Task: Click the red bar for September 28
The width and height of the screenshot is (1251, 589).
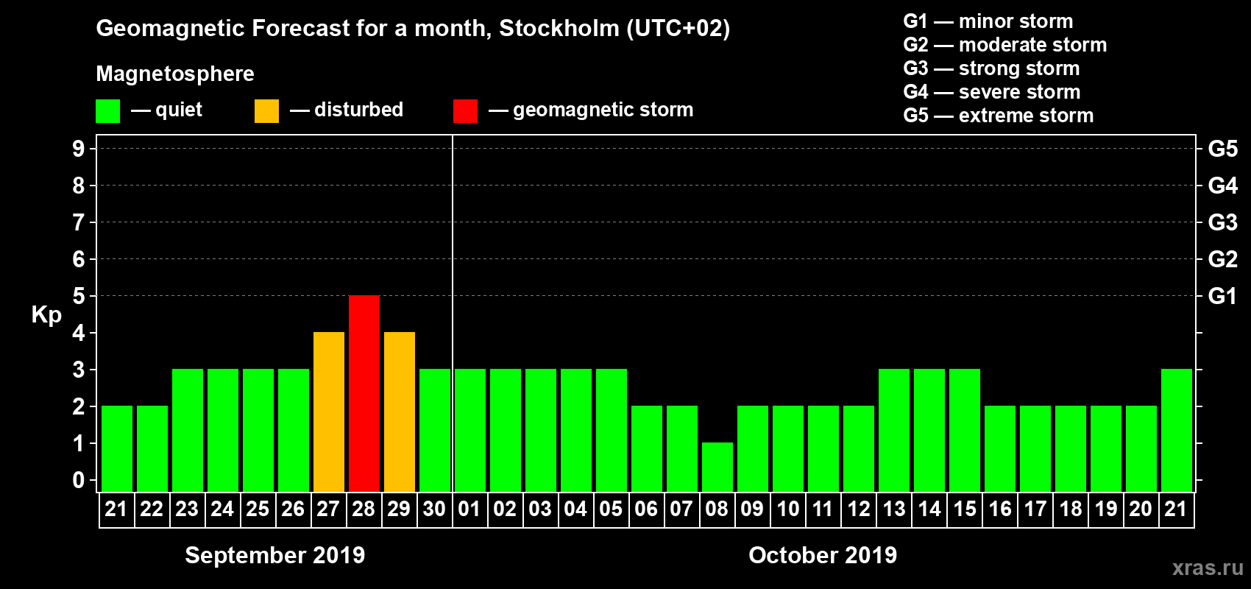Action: point(364,393)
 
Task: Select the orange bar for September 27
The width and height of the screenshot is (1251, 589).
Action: point(329,412)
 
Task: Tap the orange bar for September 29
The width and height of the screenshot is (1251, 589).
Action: point(400,412)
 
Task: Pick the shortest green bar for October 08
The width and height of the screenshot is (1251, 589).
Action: point(717,467)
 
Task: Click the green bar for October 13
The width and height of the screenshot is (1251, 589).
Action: point(894,430)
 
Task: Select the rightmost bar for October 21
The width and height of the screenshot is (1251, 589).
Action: point(1177,430)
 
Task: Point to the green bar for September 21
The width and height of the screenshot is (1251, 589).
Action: point(117,448)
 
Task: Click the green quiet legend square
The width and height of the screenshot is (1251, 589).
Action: point(107,111)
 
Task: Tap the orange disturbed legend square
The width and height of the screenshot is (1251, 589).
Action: point(266,111)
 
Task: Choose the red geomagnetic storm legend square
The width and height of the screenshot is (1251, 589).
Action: point(465,111)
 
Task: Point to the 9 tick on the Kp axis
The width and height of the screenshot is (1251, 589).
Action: point(79,149)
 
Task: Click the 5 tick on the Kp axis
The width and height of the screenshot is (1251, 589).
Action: point(79,296)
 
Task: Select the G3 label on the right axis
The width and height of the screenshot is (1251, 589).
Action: point(1222,222)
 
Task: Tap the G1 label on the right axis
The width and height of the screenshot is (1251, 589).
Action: point(1222,296)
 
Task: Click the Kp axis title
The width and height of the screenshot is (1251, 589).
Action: point(46,315)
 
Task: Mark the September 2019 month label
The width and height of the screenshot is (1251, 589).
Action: point(274,555)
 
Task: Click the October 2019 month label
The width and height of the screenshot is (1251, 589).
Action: point(823,555)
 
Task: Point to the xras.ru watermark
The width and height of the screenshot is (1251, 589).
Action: point(1208,568)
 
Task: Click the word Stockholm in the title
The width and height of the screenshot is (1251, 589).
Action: point(559,29)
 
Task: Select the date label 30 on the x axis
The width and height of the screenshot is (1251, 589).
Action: point(434,509)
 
